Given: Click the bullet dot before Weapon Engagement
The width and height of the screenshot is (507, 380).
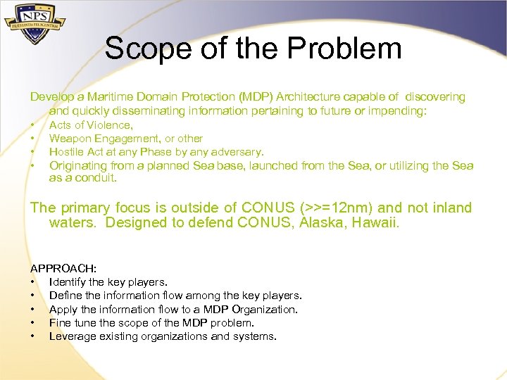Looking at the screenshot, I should click(32, 139).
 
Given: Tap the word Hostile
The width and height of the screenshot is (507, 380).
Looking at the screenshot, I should click(65, 152).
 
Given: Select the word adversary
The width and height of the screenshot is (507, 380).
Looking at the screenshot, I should click(238, 152).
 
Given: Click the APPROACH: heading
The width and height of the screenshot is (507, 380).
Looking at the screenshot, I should click(63, 269).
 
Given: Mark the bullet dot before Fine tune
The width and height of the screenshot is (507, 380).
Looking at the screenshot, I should click(32, 323).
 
